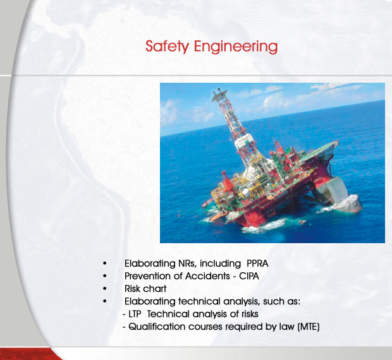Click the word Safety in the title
click(168, 47)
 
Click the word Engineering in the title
click(236, 47)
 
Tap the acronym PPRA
click(257, 263)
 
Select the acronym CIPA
click(249, 276)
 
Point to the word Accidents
click(207, 276)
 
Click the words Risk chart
click(145, 289)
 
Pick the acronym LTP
click(135, 314)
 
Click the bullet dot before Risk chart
click(105, 289)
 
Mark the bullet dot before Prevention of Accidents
click(105, 276)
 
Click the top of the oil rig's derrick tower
click(219, 92)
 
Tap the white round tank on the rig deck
click(246, 192)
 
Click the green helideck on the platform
click(318, 150)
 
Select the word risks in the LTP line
click(250, 314)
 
